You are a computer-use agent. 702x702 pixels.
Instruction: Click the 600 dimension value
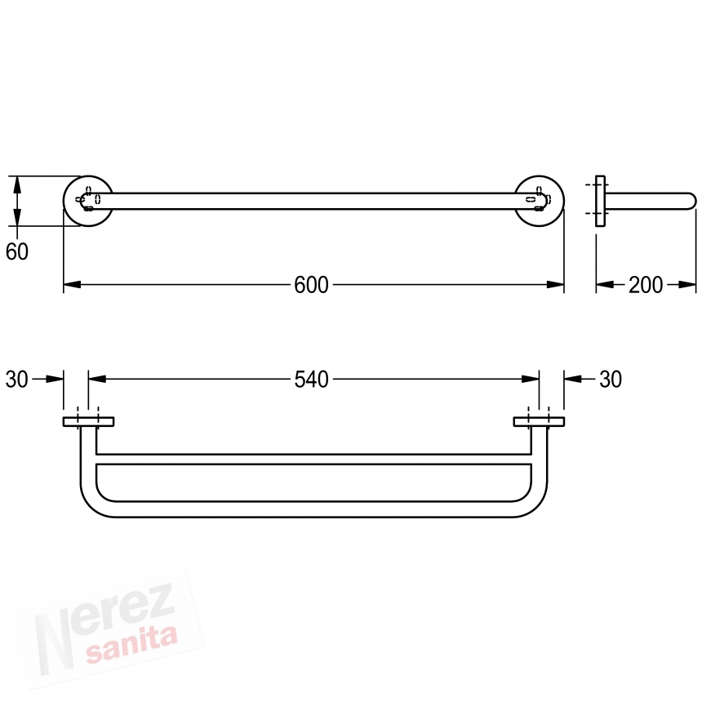coord(311,285)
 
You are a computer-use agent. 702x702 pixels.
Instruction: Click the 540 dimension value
coord(311,380)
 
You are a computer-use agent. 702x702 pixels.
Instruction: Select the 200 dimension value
coord(646,285)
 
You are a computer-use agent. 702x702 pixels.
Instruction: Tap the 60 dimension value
coord(17,251)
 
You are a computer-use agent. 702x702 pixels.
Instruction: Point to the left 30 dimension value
coord(17,380)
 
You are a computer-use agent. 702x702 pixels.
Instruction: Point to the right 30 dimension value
coord(611,380)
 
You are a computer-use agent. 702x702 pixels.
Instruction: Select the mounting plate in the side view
coord(600,201)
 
